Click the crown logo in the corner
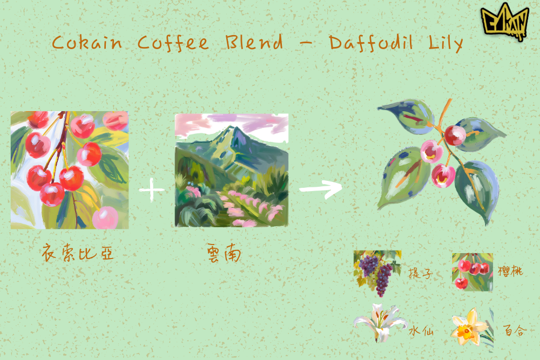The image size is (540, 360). pos(505,22)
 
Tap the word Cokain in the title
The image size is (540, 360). pos(87,43)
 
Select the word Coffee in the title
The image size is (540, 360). pos(173,43)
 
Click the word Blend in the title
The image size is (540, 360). pos(254,42)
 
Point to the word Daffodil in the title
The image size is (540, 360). pos(370,43)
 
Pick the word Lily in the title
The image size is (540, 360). pos(446,44)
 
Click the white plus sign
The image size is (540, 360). pos(152,189)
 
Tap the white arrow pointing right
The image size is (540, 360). pos(321,189)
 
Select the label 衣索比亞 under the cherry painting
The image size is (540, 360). pos(77,253)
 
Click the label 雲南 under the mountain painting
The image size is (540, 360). pos(224,254)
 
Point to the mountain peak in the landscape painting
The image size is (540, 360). pos(235,127)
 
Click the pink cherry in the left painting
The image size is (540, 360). pos(105,218)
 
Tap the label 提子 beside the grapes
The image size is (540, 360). pos(420,274)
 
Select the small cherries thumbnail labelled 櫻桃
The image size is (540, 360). pos(473,272)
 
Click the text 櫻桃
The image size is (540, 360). pos(510,271)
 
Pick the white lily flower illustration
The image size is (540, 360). pos(380,322)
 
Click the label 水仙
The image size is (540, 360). pos(421,331)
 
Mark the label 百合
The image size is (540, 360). pos(515,330)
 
